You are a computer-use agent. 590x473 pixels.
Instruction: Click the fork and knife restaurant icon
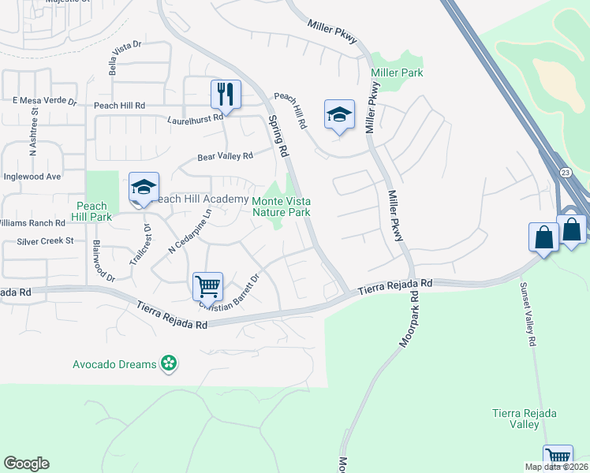226,95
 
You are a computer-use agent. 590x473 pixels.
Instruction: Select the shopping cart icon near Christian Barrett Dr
207,285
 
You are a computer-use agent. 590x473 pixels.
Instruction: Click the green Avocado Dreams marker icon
168,363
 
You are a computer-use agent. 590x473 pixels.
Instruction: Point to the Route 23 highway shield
566,172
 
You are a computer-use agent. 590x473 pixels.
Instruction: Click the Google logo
26,464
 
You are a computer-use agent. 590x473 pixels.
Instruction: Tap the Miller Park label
397,73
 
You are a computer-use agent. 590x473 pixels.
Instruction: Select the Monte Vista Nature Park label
281,206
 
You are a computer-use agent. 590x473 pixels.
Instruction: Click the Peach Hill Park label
91,210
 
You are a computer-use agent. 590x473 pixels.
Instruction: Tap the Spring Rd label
277,135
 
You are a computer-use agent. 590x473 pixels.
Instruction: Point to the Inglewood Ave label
32,177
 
